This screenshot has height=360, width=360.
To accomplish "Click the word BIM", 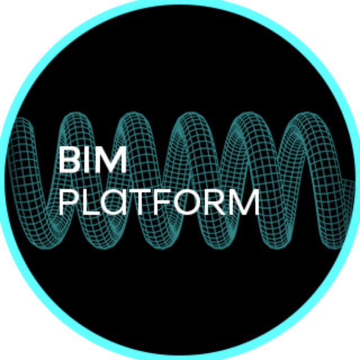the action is pyautogui.click(x=93, y=159).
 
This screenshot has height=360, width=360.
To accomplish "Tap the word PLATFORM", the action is pyautogui.click(x=159, y=202).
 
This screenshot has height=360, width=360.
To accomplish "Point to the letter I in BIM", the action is pyautogui.click(x=88, y=159).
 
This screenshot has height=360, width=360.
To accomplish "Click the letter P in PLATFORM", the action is pyautogui.click(x=67, y=202).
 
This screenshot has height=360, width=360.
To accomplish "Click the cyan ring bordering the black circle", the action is pyautogui.click(x=180, y=3).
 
